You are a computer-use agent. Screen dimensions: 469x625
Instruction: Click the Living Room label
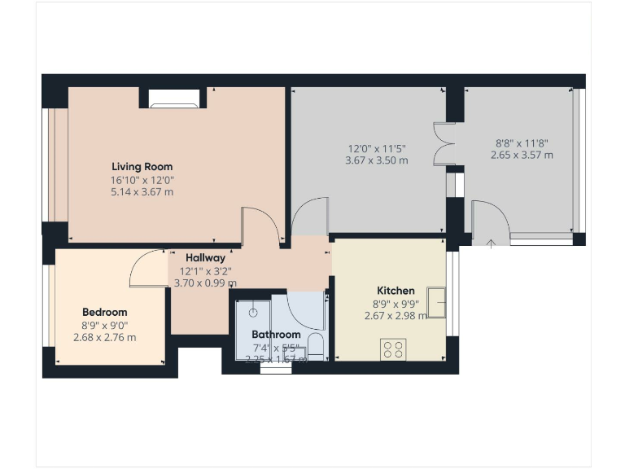[x=142, y=166]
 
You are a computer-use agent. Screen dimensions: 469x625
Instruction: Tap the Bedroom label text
[x=104, y=312]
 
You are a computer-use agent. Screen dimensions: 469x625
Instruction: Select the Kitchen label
[x=396, y=291]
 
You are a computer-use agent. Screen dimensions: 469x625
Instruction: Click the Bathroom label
[x=276, y=334]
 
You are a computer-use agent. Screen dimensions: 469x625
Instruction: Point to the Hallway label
[x=205, y=257]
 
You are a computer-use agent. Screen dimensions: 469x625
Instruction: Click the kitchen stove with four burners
[x=394, y=349]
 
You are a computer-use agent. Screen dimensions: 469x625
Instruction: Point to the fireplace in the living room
[x=173, y=102]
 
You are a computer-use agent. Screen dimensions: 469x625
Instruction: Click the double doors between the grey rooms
[x=444, y=145]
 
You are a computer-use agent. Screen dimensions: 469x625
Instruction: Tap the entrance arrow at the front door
[x=491, y=243]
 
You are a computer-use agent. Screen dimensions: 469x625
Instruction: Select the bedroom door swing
[x=146, y=268]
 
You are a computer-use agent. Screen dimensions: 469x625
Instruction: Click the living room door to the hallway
[x=260, y=226]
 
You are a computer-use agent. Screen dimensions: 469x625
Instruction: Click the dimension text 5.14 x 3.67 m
[x=142, y=192]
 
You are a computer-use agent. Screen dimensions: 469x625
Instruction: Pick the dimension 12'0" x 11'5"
[x=376, y=148]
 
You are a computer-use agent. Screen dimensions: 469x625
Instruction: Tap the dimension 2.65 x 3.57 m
[x=522, y=155]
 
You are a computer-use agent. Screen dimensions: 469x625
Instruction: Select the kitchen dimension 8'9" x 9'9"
[x=395, y=304]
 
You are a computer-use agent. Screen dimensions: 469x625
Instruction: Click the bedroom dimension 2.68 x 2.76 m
[x=104, y=337]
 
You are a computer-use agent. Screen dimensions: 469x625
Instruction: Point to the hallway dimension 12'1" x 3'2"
[x=205, y=270]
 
